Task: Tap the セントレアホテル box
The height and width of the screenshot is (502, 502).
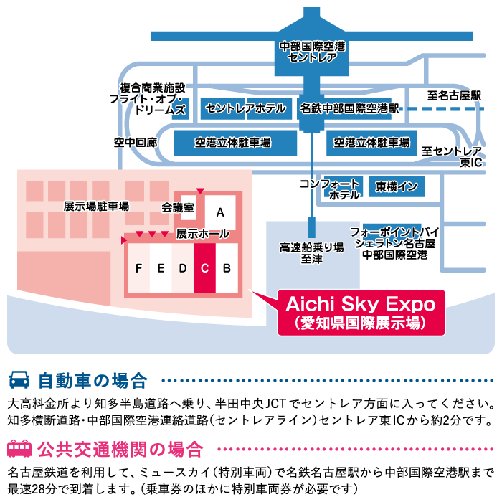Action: tap(245, 109)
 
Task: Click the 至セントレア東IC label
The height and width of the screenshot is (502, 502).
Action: tap(451, 157)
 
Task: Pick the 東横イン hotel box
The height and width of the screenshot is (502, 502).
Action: tap(397, 187)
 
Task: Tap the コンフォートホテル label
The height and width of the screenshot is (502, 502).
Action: tap(330, 189)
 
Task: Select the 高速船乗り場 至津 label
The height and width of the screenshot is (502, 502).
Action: tap(311, 252)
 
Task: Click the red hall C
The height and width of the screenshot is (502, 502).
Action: tap(204, 268)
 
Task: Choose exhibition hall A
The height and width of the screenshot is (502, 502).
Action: tap(220, 212)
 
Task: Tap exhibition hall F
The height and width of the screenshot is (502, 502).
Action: tap(138, 268)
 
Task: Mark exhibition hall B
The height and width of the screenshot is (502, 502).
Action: tap(227, 268)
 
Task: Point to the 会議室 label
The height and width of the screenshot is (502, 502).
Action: tap(178, 208)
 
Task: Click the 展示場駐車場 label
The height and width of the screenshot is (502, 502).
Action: tap(96, 207)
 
